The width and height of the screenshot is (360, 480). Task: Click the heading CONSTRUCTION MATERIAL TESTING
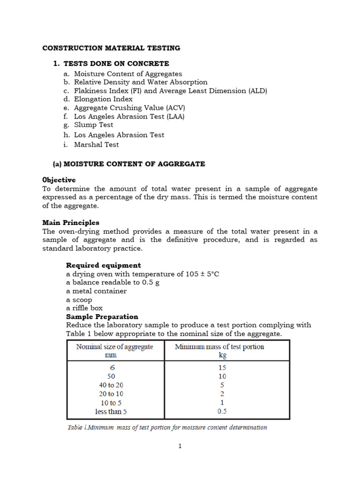[111, 48]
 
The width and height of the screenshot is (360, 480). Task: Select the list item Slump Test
[93, 125]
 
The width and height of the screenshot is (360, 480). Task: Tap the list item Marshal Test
[96, 144]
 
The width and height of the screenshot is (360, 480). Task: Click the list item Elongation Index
[103, 99]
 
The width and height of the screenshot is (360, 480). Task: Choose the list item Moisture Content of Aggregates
[128, 74]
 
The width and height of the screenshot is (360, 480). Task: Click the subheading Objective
[59, 180]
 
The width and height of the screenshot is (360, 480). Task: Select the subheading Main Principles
[71, 223]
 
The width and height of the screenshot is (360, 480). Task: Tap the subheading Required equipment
[103, 265]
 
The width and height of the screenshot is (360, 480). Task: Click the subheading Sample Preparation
[102, 316]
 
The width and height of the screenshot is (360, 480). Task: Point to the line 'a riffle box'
[84, 308]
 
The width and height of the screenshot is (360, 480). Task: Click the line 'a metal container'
[96, 291]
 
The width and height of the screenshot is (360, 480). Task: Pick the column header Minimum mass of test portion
[219, 347]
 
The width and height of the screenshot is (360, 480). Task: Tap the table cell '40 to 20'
[112, 385]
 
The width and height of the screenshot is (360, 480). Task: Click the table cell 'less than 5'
[111, 412]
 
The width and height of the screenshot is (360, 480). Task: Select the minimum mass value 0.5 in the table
[222, 412]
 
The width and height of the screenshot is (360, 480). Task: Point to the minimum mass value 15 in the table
[222, 368]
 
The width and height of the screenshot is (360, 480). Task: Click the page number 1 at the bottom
[180, 446]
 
